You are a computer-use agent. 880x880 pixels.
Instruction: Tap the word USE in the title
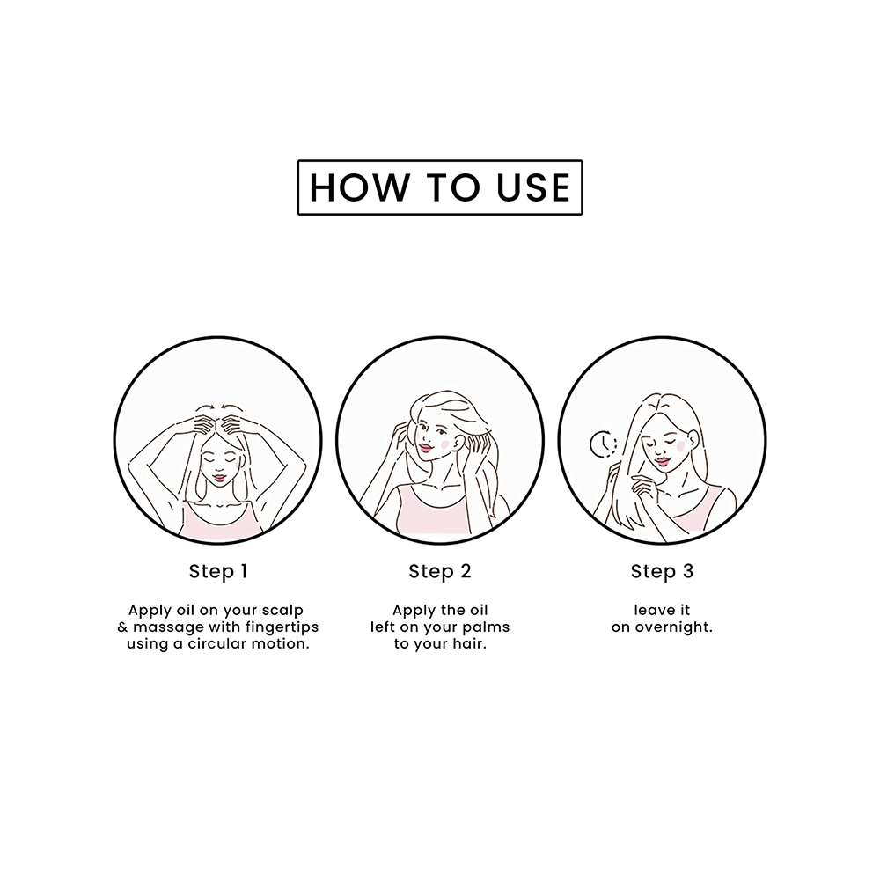pyautogui.click(x=533, y=187)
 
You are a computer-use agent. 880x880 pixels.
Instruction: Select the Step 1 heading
pyautogui.click(x=218, y=572)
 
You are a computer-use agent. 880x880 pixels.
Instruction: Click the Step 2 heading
pyautogui.click(x=440, y=572)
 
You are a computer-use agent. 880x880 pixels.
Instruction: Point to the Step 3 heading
pyautogui.click(x=663, y=572)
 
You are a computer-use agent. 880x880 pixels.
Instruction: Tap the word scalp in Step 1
pyautogui.click(x=283, y=611)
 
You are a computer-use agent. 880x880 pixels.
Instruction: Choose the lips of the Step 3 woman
pyautogui.click(x=663, y=461)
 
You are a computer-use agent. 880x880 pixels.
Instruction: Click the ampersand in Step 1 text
pyautogui.click(x=123, y=627)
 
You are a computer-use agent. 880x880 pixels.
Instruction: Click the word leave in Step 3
pyautogui.click(x=650, y=611)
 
